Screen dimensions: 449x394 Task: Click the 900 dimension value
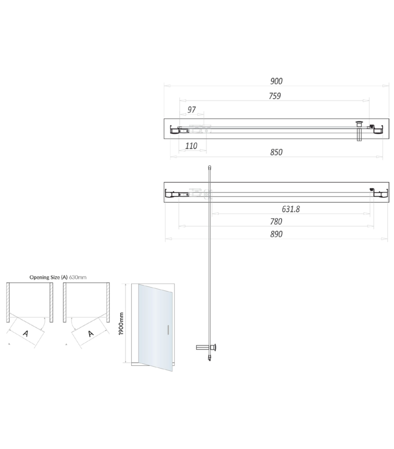tap(276, 81)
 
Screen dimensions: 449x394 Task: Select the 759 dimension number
tap(275, 96)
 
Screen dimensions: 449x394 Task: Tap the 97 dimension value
tap(191, 110)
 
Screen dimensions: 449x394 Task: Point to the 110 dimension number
tap(191, 146)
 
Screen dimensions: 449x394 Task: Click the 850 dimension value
tap(276, 152)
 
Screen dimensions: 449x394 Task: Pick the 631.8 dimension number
tap(290, 209)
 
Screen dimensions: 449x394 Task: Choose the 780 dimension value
tap(276, 222)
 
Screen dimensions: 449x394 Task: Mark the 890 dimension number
tap(276, 234)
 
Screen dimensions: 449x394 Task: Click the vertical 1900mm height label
tap(121, 324)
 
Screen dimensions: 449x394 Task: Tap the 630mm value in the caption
tap(78, 277)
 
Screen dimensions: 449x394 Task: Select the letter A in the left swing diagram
tap(26, 333)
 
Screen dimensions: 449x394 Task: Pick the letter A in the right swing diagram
tap(91, 333)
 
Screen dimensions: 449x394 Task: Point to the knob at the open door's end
tap(214, 347)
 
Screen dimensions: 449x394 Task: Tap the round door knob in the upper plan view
tap(359, 123)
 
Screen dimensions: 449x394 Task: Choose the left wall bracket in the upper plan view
tap(174, 130)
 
